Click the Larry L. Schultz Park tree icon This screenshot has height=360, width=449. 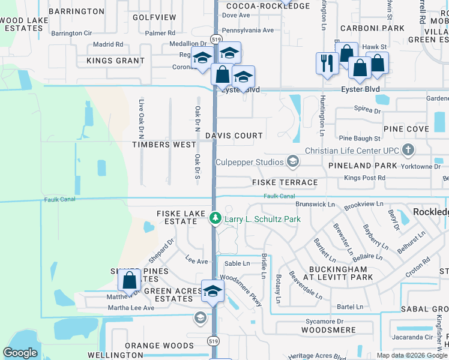pyautogui.click(x=215, y=219)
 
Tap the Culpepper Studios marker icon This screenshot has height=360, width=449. pyautogui.click(x=292, y=161)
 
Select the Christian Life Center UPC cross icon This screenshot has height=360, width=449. pyautogui.click(x=408, y=149)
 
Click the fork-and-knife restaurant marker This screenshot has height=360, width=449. pyautogui.click(x=327, y=63)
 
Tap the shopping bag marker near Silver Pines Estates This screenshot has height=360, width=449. pyautogui.click(x=130, y=280)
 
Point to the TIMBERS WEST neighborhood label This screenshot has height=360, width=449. pyautogui.click(x=164, y=145)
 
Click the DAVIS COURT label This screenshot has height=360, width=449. pyautogui.click(x=234, y=136)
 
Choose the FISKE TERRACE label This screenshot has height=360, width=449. pyautogui.click(x=285, y=182)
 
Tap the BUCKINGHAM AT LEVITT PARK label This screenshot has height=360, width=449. pyautogui.click(x=341, y=273)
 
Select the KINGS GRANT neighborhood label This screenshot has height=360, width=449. pyautogui.click(x=115, y=61)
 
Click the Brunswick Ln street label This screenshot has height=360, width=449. pyautogui.click(x=311, y=204)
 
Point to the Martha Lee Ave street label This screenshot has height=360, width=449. pyautogui.click(x=131, y=308)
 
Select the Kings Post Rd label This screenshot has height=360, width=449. pyautogui.click(x=365, y=178)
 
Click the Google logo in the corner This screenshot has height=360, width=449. pyautogui.click(x=20, y=353)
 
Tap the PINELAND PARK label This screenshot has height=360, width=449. pyautogui.click(x=363, y=165)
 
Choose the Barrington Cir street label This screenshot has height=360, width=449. pyautogui.click(x=71, y=34)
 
